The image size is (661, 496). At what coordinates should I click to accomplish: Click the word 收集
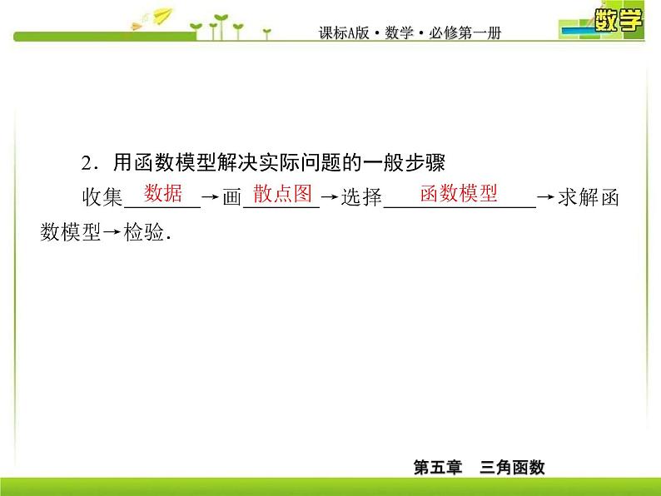click(x=102, y=200)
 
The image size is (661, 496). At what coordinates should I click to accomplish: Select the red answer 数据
click(x=163, y=194)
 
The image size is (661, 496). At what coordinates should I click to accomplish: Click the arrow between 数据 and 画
click(x=211, y=200)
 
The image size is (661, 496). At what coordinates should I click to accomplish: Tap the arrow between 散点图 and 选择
click(x=330, y=200)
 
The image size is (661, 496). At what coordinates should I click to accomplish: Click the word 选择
click(x=361, y=200)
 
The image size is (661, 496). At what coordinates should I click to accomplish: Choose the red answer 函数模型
click(x=459, y=194)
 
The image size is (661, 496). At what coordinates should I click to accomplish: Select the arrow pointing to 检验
click(x=112, y=234)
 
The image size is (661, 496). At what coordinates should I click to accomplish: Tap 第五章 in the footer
click(x=437, y=468)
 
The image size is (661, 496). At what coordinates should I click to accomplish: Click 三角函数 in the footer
click(x=512, y=468)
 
